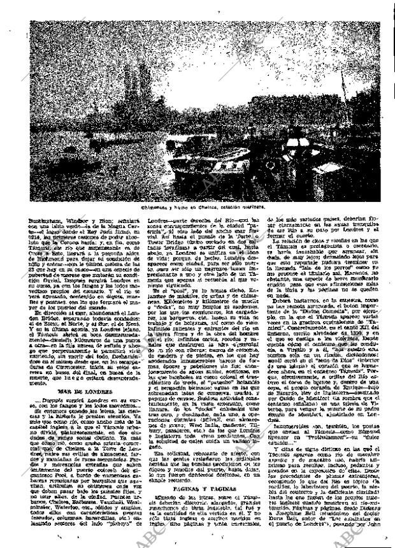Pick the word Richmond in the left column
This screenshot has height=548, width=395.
[x=57, y=261]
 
